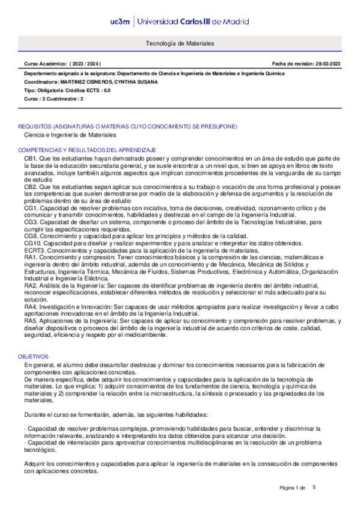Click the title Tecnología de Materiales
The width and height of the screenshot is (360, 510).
180,44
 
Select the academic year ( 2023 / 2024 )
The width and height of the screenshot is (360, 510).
85,63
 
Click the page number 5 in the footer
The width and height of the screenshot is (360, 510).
314,487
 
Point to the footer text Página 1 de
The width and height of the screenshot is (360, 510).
293,488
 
